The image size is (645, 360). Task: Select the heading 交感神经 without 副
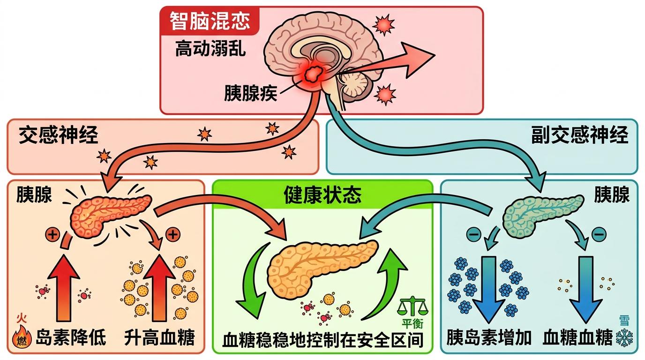tap(59, 135)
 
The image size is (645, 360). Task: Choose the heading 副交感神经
tap(579, 135)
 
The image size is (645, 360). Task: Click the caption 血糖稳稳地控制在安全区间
tap(322, 340)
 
